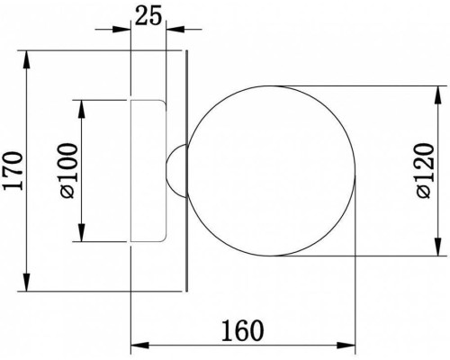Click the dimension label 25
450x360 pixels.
pyautogui.click(x=148, y=15)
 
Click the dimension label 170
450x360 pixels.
pyautogui.click(x=13, y=171)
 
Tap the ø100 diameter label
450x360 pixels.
pyautogui.click(x=68, y=171)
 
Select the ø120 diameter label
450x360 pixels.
pyautogui.click(x=425, y=171)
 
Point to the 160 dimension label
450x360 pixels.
pyautogui.click(x=242, y=331)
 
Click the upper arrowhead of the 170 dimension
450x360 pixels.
pyautogui.click(x=27, y=60)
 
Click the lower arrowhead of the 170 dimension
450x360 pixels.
pyautogui.click(x=27, y=282)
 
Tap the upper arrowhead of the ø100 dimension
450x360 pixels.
pyautogui.click(x=82, y=109)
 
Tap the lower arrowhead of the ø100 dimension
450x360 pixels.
pyautogui.click(x=82, y=232)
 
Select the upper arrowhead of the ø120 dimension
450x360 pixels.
pyautogui.click(x=438, y=95)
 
